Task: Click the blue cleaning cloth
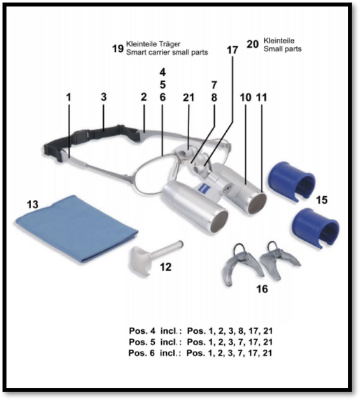76,229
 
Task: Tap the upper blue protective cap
291,182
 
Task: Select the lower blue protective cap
316,227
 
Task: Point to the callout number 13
32,204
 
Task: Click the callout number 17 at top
233,50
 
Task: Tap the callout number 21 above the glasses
189,97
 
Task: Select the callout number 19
118,48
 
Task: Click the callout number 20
252,44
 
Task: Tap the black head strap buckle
80,135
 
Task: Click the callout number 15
322,200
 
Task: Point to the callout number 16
262,289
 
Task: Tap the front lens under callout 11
257,203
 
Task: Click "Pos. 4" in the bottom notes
142,331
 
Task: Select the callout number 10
245,97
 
